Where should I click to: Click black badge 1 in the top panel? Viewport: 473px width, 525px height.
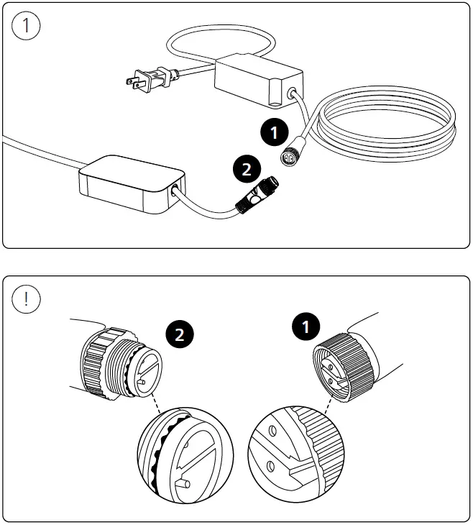[x=273, y=131]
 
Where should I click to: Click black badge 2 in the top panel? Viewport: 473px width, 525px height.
[x=246, y=170]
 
